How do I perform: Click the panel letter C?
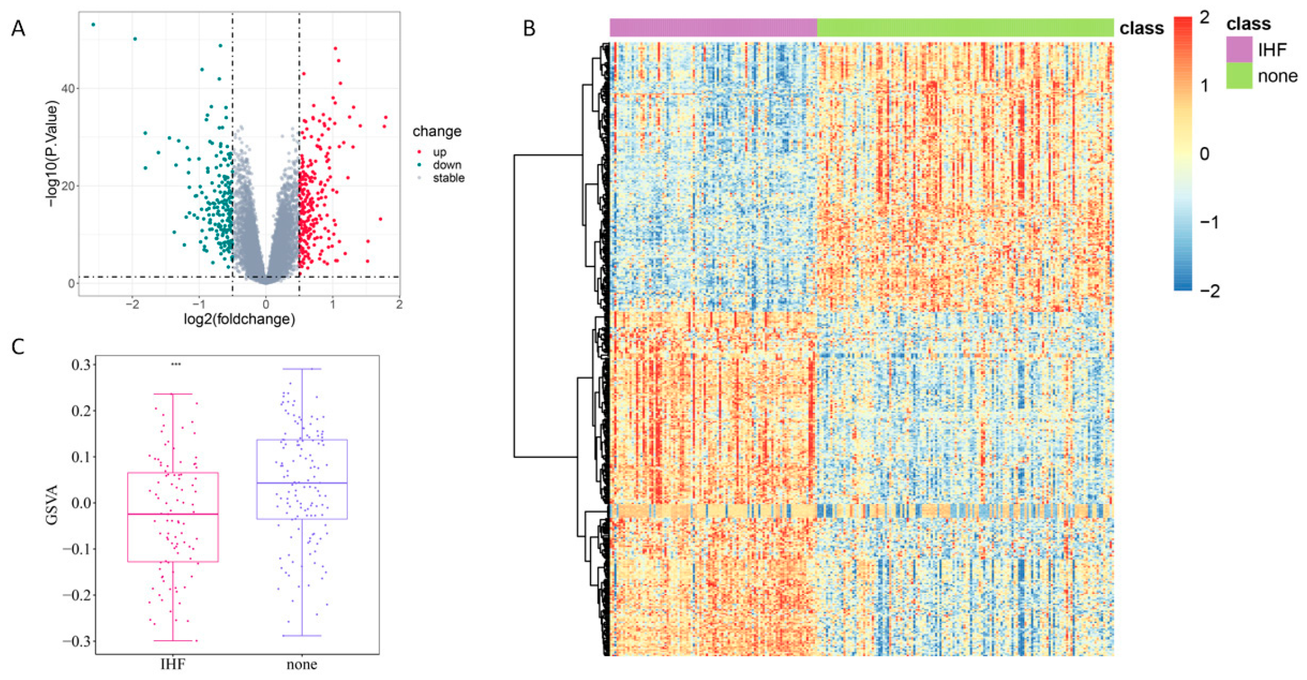18,346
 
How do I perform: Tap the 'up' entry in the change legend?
439,152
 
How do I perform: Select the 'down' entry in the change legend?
446,165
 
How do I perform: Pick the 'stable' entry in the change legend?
448,178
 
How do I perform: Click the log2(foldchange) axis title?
239,319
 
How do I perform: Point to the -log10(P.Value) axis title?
52,154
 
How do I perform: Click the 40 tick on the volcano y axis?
68,89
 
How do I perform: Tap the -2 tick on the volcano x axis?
132,305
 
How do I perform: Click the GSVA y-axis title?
52,504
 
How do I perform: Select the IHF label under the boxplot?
173,664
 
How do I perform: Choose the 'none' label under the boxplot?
302,664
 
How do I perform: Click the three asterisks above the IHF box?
176,364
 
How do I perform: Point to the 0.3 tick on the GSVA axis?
81,364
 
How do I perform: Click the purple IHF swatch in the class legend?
1239,50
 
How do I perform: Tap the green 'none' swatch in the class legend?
1239,76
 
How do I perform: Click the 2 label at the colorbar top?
1204,18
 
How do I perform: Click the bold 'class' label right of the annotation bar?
1141,28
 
